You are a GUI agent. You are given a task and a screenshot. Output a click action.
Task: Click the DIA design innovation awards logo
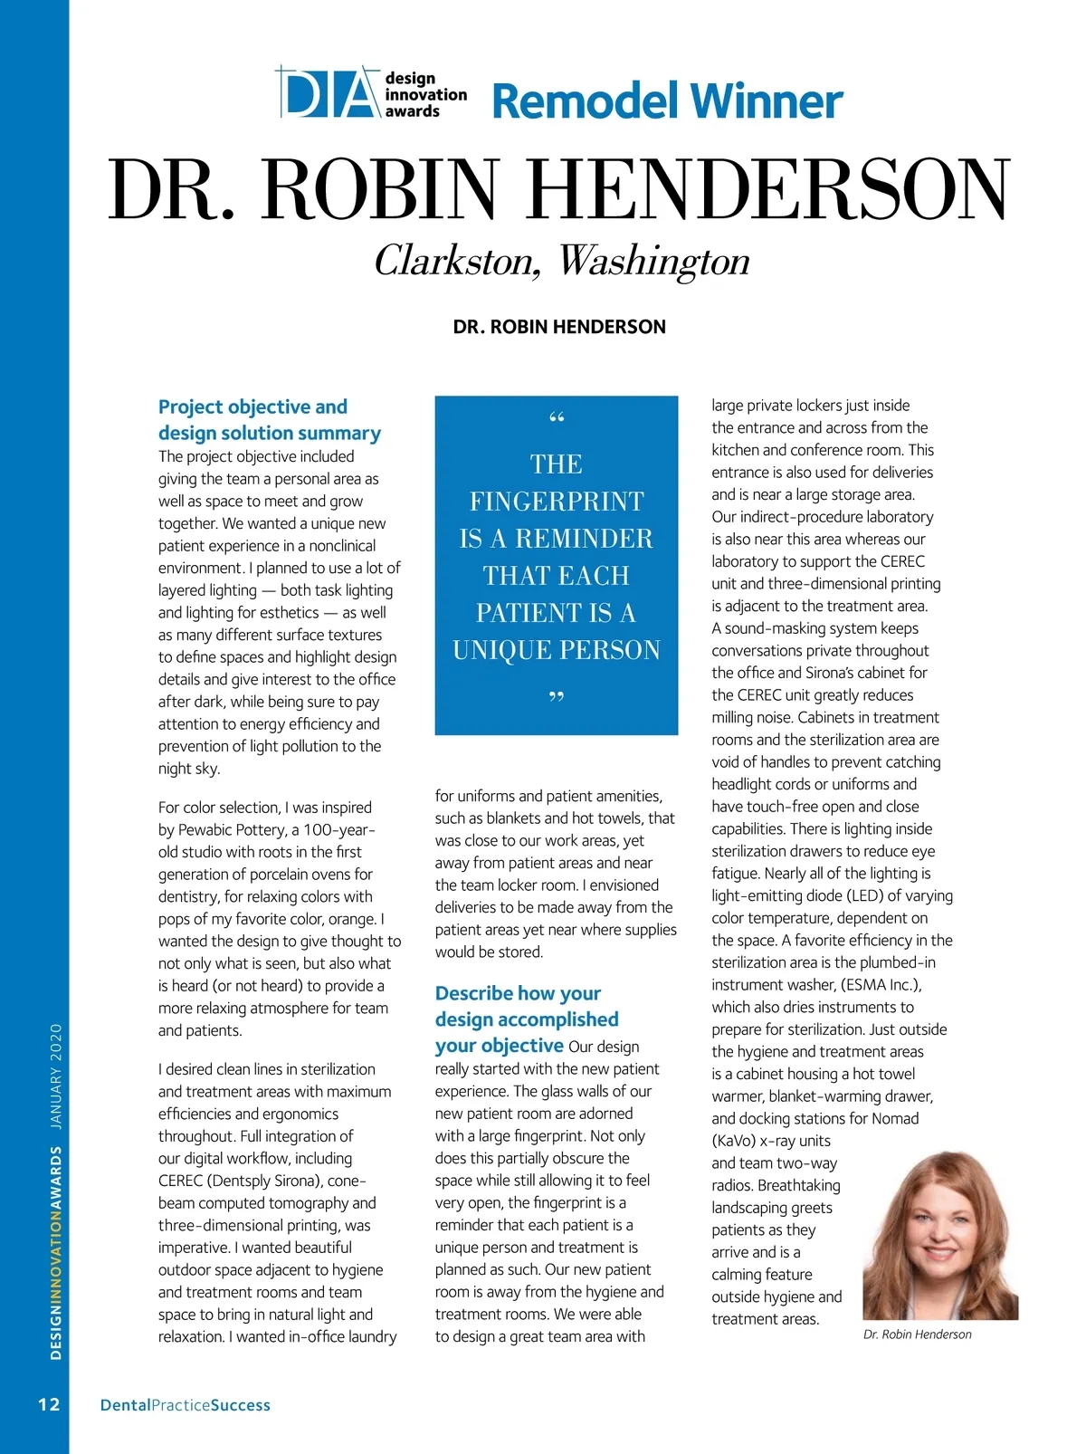point(371,93)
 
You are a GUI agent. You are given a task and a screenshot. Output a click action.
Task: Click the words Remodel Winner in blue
point(667,100)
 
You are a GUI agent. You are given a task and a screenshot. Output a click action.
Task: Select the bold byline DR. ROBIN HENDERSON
point(559,327)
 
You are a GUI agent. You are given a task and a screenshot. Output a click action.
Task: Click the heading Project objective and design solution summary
point(269,420)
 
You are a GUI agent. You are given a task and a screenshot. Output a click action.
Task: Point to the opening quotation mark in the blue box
point(557,419)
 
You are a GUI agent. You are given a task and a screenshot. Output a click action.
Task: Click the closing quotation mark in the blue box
point(557,698)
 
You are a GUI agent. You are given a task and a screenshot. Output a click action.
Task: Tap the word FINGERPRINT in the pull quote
point(557,502)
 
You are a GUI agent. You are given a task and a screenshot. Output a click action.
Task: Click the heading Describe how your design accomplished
point(526,1007)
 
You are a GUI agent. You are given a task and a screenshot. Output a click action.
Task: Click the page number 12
point(49,1404)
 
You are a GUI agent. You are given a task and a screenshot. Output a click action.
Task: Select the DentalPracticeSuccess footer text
point(185,1405)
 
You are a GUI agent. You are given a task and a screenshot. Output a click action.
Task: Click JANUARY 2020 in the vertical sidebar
point(56,1076)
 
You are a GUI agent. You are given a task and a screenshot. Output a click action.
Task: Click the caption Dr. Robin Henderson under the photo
point(917,1334)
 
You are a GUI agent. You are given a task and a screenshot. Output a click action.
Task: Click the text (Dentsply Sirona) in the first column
point(265,1181)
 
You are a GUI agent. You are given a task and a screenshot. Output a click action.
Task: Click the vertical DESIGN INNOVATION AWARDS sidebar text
point(56,1254)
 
